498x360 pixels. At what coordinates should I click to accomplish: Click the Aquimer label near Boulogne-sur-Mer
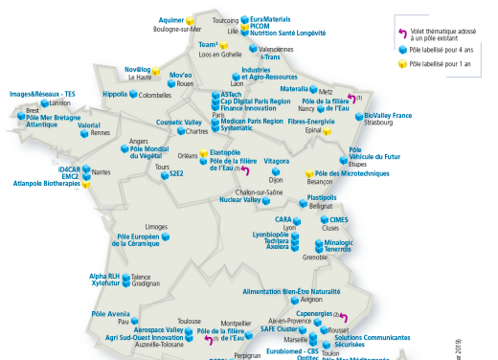pos(171,18)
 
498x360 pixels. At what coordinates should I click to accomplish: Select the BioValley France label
pos(388,115)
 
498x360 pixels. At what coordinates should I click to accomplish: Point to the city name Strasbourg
pos(381,123)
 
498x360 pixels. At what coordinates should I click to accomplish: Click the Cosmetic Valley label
pos(178,123)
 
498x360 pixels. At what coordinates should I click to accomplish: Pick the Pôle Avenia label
pos(110,313)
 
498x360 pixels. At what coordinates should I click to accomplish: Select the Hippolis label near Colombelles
pos(115,95)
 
